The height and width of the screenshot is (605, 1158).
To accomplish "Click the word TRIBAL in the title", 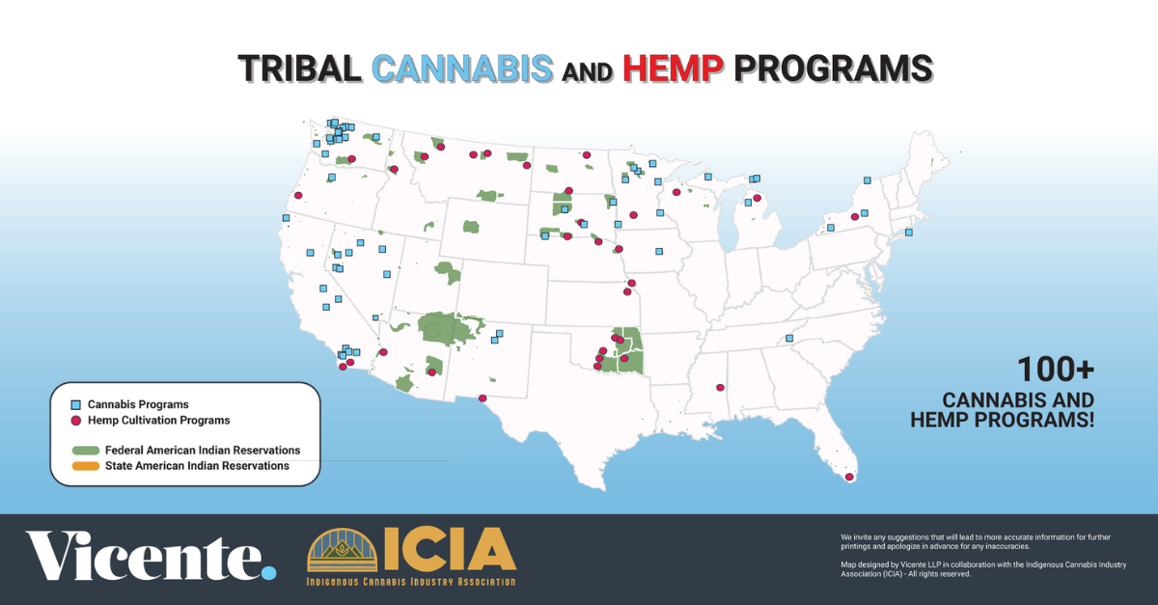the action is click(299, 69).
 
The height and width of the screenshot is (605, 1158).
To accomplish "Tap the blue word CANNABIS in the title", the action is click(462, 69).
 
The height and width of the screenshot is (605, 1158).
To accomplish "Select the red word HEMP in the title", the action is click(673, 69).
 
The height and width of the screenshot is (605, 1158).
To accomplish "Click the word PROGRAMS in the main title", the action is click(834, 69).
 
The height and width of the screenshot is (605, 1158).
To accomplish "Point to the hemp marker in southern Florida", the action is click(849, 477).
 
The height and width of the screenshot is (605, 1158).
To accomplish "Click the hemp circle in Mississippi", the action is click(720, 387).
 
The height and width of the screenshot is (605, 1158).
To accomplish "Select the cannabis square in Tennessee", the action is click(789, 338).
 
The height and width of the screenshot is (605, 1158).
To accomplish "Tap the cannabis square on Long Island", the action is click(909, 233).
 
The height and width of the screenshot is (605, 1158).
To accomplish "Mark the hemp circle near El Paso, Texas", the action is click(482, 399).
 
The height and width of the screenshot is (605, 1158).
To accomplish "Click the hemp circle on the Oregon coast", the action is click(298, 195).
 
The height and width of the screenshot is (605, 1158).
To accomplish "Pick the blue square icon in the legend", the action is click(76, 405).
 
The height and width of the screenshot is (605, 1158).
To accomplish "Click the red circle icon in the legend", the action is click(76, 421).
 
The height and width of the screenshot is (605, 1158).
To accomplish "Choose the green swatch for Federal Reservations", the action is click(86, 451).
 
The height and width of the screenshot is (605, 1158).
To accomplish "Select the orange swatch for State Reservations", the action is click(86, 466).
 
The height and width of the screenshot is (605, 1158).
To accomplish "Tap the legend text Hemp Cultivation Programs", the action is click(158, 420).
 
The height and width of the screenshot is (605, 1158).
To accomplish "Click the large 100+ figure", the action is click(1056, 370).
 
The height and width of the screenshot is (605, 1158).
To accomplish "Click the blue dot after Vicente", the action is click(269, 572).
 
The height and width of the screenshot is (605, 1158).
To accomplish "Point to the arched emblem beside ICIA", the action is click(343, 550).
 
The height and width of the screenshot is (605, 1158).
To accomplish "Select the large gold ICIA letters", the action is click(450, 549).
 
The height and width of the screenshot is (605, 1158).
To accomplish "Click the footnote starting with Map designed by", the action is click(983, 568).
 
